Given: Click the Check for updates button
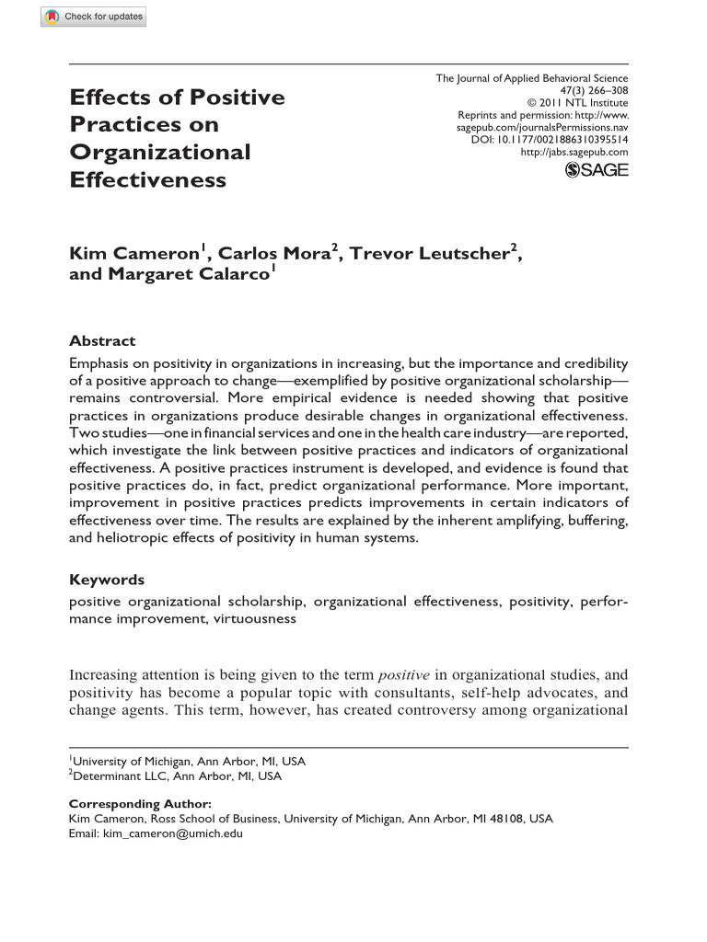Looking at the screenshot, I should pos(93,17).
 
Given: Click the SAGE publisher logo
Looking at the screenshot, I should pos(597,169).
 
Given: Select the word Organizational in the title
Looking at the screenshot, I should pos(160,152).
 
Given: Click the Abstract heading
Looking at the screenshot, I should pos(102,340).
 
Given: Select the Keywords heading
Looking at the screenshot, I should pos(107,580).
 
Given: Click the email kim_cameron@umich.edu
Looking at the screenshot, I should pos(171,833).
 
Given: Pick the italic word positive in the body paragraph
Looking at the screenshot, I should pos(405,674).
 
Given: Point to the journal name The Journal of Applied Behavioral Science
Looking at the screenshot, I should pos(532,79).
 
